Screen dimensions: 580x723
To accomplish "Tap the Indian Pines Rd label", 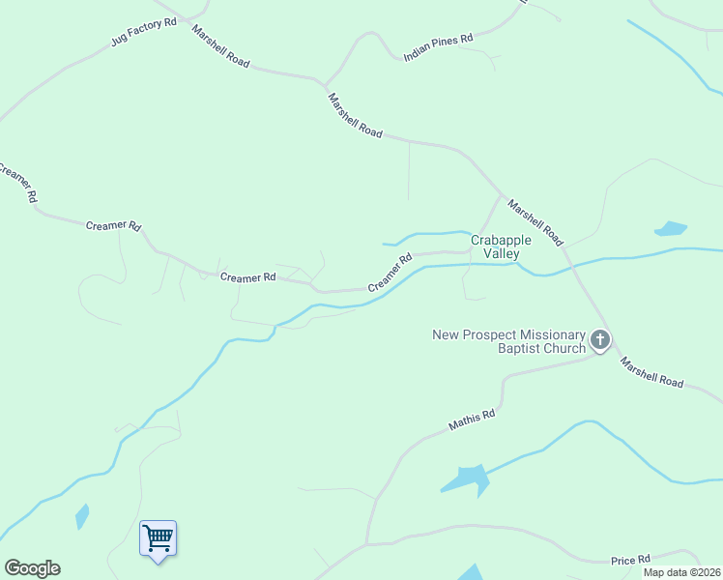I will point(438,47).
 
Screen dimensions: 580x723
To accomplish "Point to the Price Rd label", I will point(630,560).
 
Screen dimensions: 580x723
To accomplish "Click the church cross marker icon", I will point(600,339).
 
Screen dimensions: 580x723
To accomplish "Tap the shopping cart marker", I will point(158,536).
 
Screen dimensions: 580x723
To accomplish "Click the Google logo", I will point(32,568).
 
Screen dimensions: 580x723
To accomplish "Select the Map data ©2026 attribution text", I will point(681,572).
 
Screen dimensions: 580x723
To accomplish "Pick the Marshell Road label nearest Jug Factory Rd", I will point(220,46).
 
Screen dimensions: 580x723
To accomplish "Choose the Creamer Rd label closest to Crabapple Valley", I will point(390,274).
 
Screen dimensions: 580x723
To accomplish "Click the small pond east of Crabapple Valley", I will point(670,229).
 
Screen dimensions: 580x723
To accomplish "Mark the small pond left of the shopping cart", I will point(82,516).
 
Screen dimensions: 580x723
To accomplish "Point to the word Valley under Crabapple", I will point(502,253).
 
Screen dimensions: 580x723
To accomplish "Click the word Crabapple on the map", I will point(502,240).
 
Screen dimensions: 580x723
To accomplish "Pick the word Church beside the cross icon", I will point(564,348).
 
